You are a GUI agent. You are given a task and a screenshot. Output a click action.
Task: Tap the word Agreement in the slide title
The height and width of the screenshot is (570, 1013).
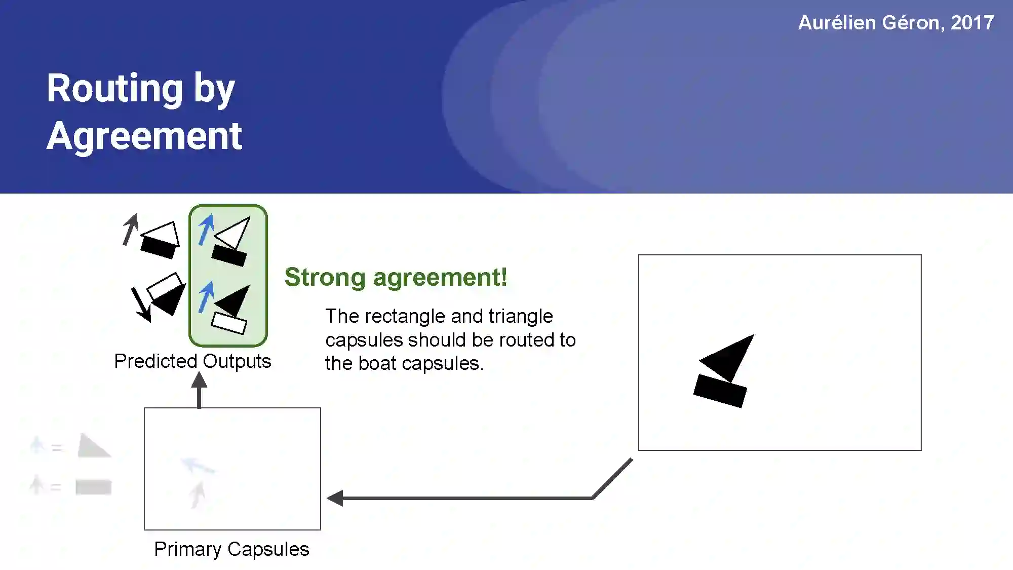[144, 136]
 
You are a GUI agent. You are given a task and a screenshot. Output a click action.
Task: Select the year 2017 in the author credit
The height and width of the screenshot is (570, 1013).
[972, 23]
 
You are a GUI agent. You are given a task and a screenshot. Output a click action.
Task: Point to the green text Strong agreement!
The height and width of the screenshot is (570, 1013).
[396, 277]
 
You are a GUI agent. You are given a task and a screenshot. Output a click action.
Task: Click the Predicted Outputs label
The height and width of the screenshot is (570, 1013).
[192, 361]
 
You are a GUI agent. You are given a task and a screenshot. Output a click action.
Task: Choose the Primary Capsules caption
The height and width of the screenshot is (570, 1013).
[231, 549]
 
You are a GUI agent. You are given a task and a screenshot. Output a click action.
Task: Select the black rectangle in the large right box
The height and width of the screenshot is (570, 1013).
[720, 391]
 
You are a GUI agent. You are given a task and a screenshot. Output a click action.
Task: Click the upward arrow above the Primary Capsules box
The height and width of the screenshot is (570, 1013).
[199, 390]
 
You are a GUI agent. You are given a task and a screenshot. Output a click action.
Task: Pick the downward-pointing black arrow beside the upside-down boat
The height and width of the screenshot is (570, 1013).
[141, 305]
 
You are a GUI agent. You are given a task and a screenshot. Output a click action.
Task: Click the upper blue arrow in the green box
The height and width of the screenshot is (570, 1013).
[206, 229]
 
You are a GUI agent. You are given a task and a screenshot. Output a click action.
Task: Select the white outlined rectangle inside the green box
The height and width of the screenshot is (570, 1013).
[229, 323]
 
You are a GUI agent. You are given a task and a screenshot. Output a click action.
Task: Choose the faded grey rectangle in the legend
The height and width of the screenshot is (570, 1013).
[94, 487]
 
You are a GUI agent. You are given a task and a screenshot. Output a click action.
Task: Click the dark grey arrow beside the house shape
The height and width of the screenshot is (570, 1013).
[131, 230]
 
